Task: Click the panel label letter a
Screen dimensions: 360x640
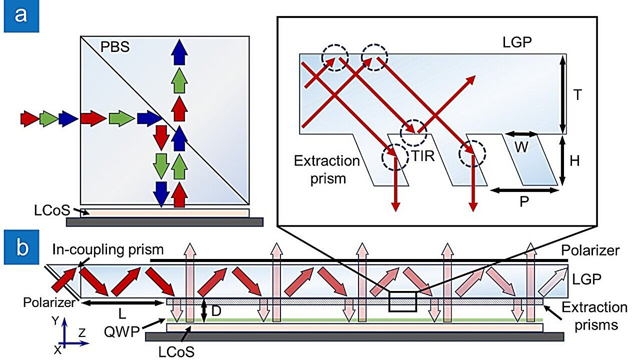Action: [20, 16]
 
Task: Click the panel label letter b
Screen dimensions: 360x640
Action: [20, 247]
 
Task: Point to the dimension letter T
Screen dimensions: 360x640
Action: [577, 95]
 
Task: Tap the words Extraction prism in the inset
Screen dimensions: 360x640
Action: [327, 170]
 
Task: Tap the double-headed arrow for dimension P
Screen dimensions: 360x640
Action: [523, 190]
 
